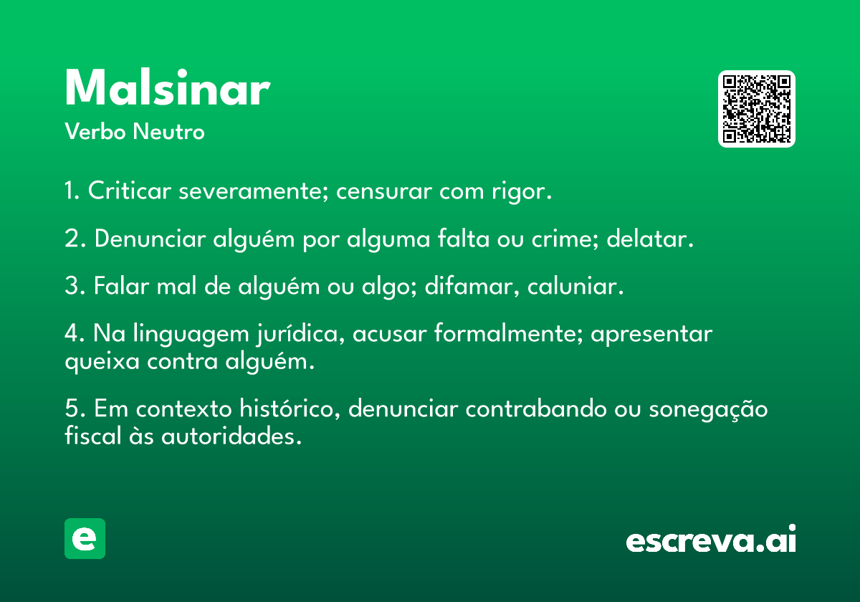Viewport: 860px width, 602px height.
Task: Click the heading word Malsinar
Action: [168, 87]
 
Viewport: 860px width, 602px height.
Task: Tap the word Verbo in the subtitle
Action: [95, 131]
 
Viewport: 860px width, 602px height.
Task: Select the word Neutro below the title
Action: [168, 131]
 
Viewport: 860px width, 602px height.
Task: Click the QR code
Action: [756, 109]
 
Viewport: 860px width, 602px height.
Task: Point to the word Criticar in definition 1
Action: [130, 191]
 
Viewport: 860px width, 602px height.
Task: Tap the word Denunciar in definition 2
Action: [150, 239]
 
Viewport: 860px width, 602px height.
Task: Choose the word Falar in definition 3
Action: [121, 286]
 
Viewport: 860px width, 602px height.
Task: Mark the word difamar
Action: [471, 287]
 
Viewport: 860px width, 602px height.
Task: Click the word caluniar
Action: [572, 286]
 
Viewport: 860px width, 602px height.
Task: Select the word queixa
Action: [102, 362]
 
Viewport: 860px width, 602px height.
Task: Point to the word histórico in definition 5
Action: [289, 408]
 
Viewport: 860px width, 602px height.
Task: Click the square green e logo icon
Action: [85, 538]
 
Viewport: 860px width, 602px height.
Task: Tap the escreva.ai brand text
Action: [711, 539]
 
